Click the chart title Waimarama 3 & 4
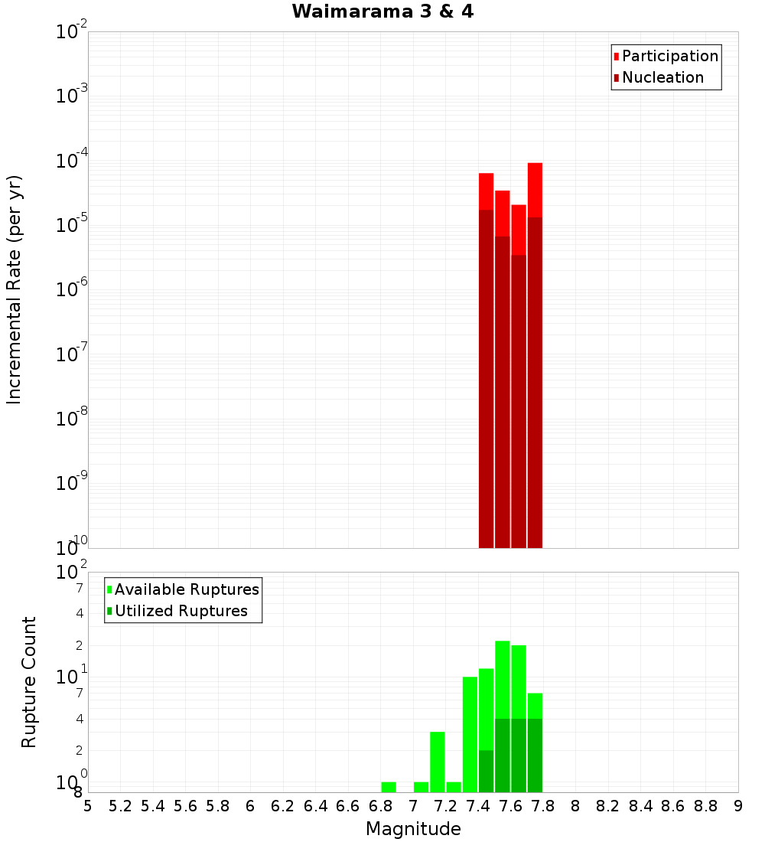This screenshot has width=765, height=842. [382, 12]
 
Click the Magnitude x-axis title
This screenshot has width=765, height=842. [413, 829]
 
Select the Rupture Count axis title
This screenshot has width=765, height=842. [29, 682]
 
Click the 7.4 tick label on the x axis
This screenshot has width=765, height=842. [478, 806]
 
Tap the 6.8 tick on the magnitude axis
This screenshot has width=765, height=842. [381, 806]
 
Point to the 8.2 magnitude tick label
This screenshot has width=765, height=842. [608, 806]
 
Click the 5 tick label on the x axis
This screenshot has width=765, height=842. [88, 806]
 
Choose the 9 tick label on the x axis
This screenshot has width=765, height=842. [738, 806]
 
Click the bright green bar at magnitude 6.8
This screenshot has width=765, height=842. [389, 787]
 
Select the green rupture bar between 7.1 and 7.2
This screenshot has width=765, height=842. [438, 762]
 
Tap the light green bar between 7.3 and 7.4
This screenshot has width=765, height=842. [470, 734]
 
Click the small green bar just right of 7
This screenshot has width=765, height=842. [421, 787]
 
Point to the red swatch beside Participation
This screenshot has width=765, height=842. [616, 57]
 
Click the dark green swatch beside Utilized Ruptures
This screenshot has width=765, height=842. [109, 611]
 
